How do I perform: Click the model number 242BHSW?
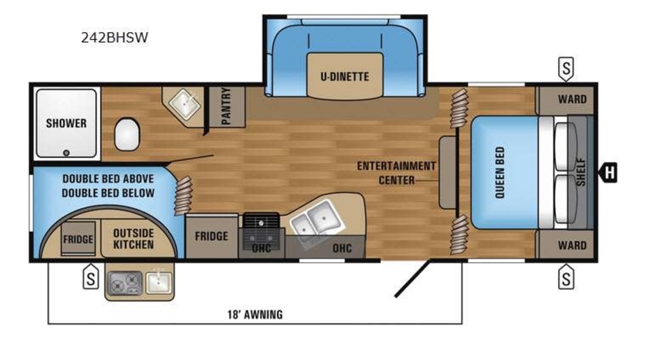tap(114, 38)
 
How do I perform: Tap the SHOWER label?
tap(66, 124)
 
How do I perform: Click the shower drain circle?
tap(66, 153)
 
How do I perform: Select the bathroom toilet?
tap(127, 134)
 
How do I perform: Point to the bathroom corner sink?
tap(184, 105)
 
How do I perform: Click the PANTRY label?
tap(227, 106)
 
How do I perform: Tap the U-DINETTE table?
tap(345, 76)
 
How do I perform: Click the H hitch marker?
tap(608, 172)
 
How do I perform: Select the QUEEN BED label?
tap(500, 172)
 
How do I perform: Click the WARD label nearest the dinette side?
tap(572, 99)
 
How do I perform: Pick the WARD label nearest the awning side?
tap(572, 246)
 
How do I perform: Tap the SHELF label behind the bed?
tap(581, 172)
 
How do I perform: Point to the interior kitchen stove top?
tap(261, 232)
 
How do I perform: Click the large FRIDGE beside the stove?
tap(212, 236)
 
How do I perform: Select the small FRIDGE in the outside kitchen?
tap(78, 239)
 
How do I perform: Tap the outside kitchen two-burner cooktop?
tap(124, 283)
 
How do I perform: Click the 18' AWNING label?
tap(255, 314)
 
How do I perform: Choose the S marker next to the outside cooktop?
tap(91, 277)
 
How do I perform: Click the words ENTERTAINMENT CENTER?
tap(397, 173)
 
